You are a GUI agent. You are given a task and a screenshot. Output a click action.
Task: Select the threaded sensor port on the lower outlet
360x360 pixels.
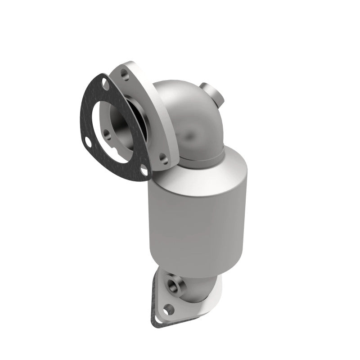(x=174, y=284)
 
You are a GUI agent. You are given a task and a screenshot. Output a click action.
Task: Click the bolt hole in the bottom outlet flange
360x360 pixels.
(x=168, y=309)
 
